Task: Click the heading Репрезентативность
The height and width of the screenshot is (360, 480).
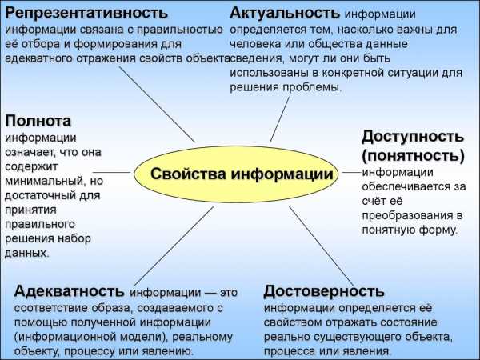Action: [86, 14]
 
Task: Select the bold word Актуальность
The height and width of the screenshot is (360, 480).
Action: [285, 13]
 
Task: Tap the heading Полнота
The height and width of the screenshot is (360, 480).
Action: [38, 121]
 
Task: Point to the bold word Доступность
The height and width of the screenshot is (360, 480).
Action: [413, 137]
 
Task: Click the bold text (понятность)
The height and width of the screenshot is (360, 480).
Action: [414, 155]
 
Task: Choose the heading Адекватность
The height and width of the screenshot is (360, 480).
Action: [69, 291]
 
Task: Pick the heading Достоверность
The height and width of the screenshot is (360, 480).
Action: [324, 291]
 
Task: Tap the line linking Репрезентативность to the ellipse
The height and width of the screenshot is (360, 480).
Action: [157, 104]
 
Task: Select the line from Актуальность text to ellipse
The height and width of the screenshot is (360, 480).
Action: [279, 120]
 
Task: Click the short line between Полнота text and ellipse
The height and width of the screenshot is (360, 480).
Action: [111, 172]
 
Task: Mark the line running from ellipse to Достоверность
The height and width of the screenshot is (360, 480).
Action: [322, 246]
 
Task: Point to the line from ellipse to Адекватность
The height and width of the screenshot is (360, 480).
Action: [174, 246]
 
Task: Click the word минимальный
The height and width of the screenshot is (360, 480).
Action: [44, 181]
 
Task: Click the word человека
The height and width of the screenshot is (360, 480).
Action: [255, 44]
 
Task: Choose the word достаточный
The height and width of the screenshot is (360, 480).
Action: [41, 195]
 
